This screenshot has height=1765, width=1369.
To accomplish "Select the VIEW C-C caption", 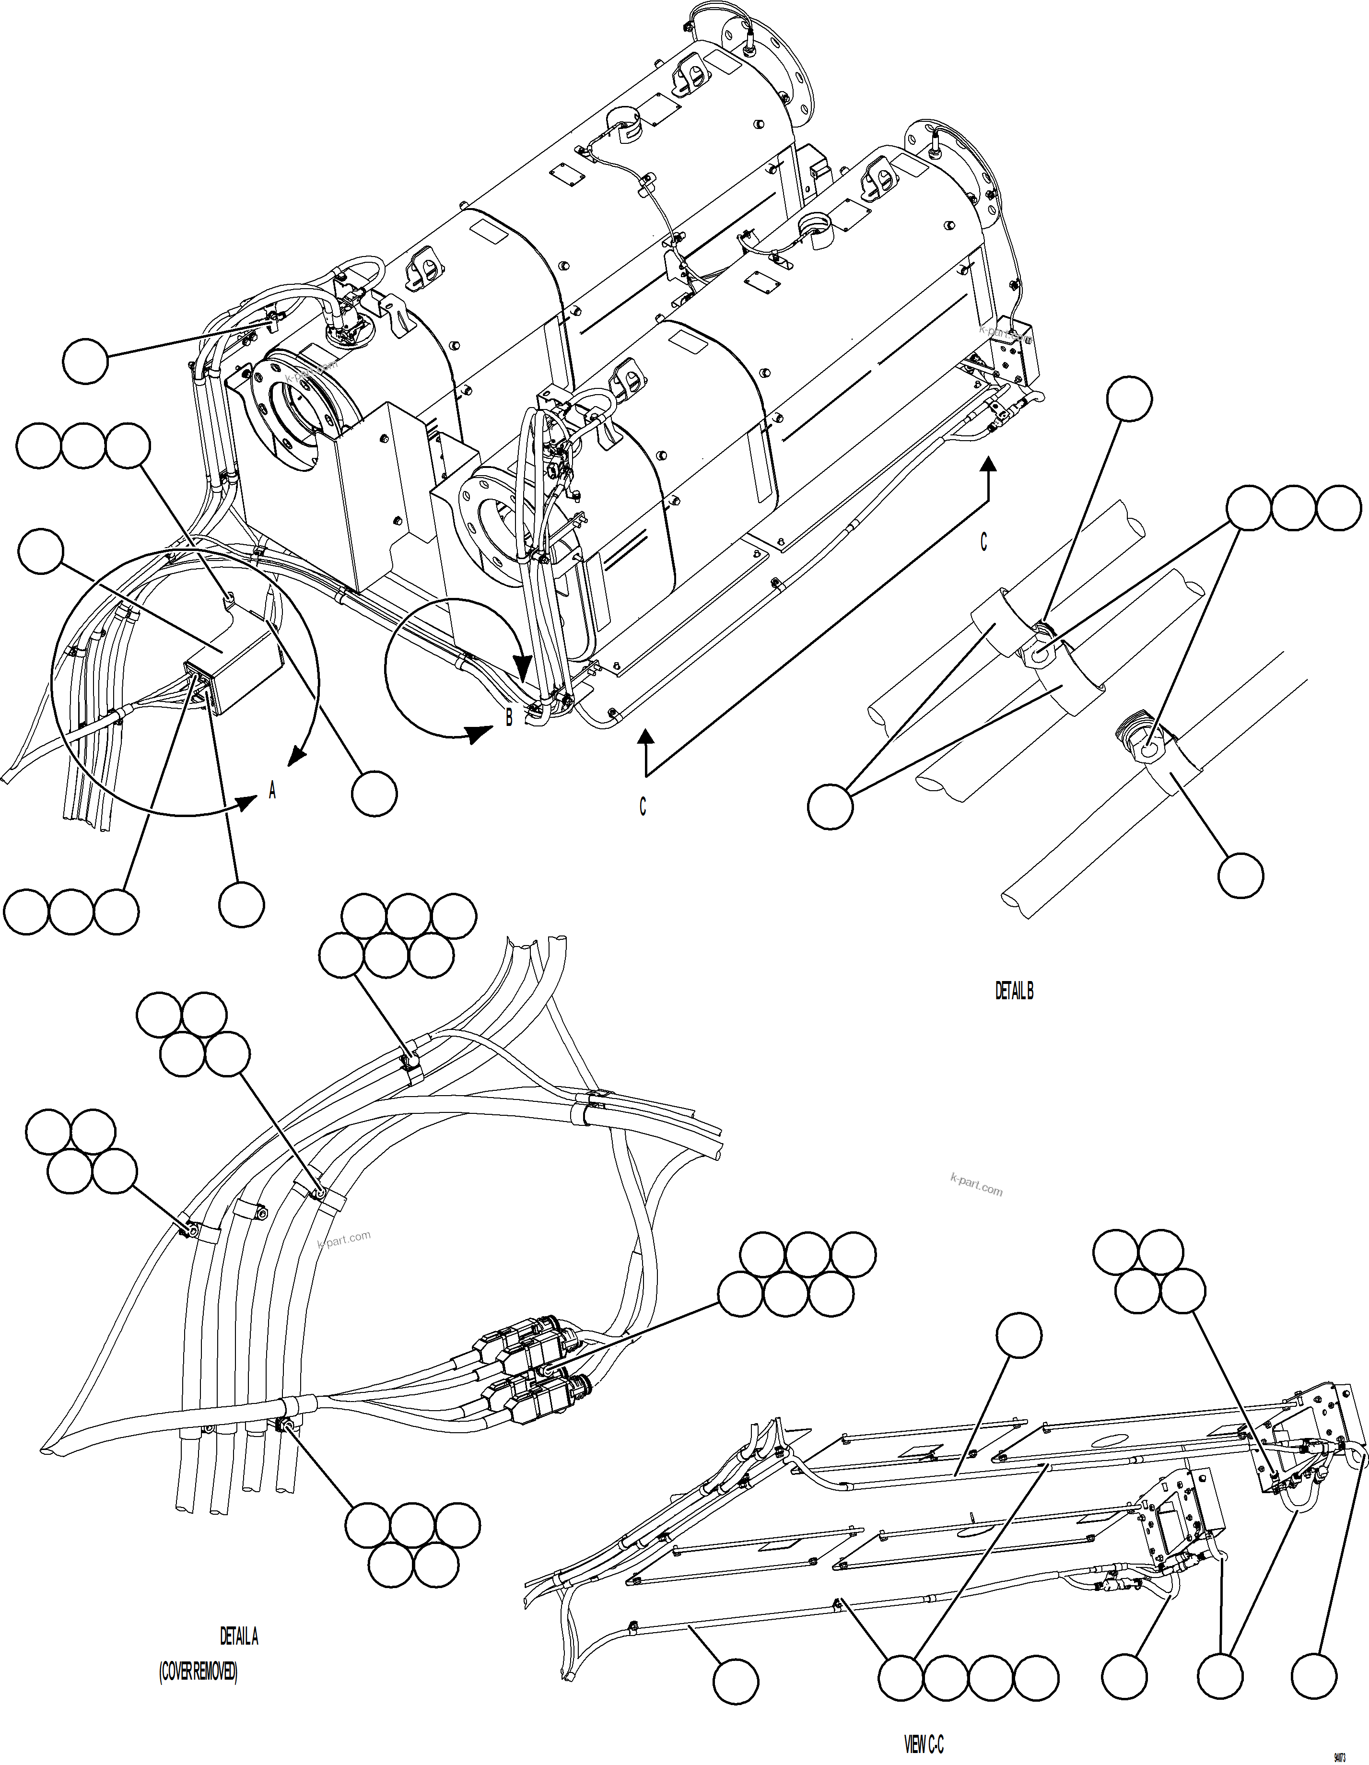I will click(x=923, y=1746).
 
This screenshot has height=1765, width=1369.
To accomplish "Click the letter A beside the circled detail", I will click(x=272, y=791).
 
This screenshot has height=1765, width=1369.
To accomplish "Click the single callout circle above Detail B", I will click(x=1129, y=399).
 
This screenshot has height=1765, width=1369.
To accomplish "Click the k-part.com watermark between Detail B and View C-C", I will click(x=976, y=1186).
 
